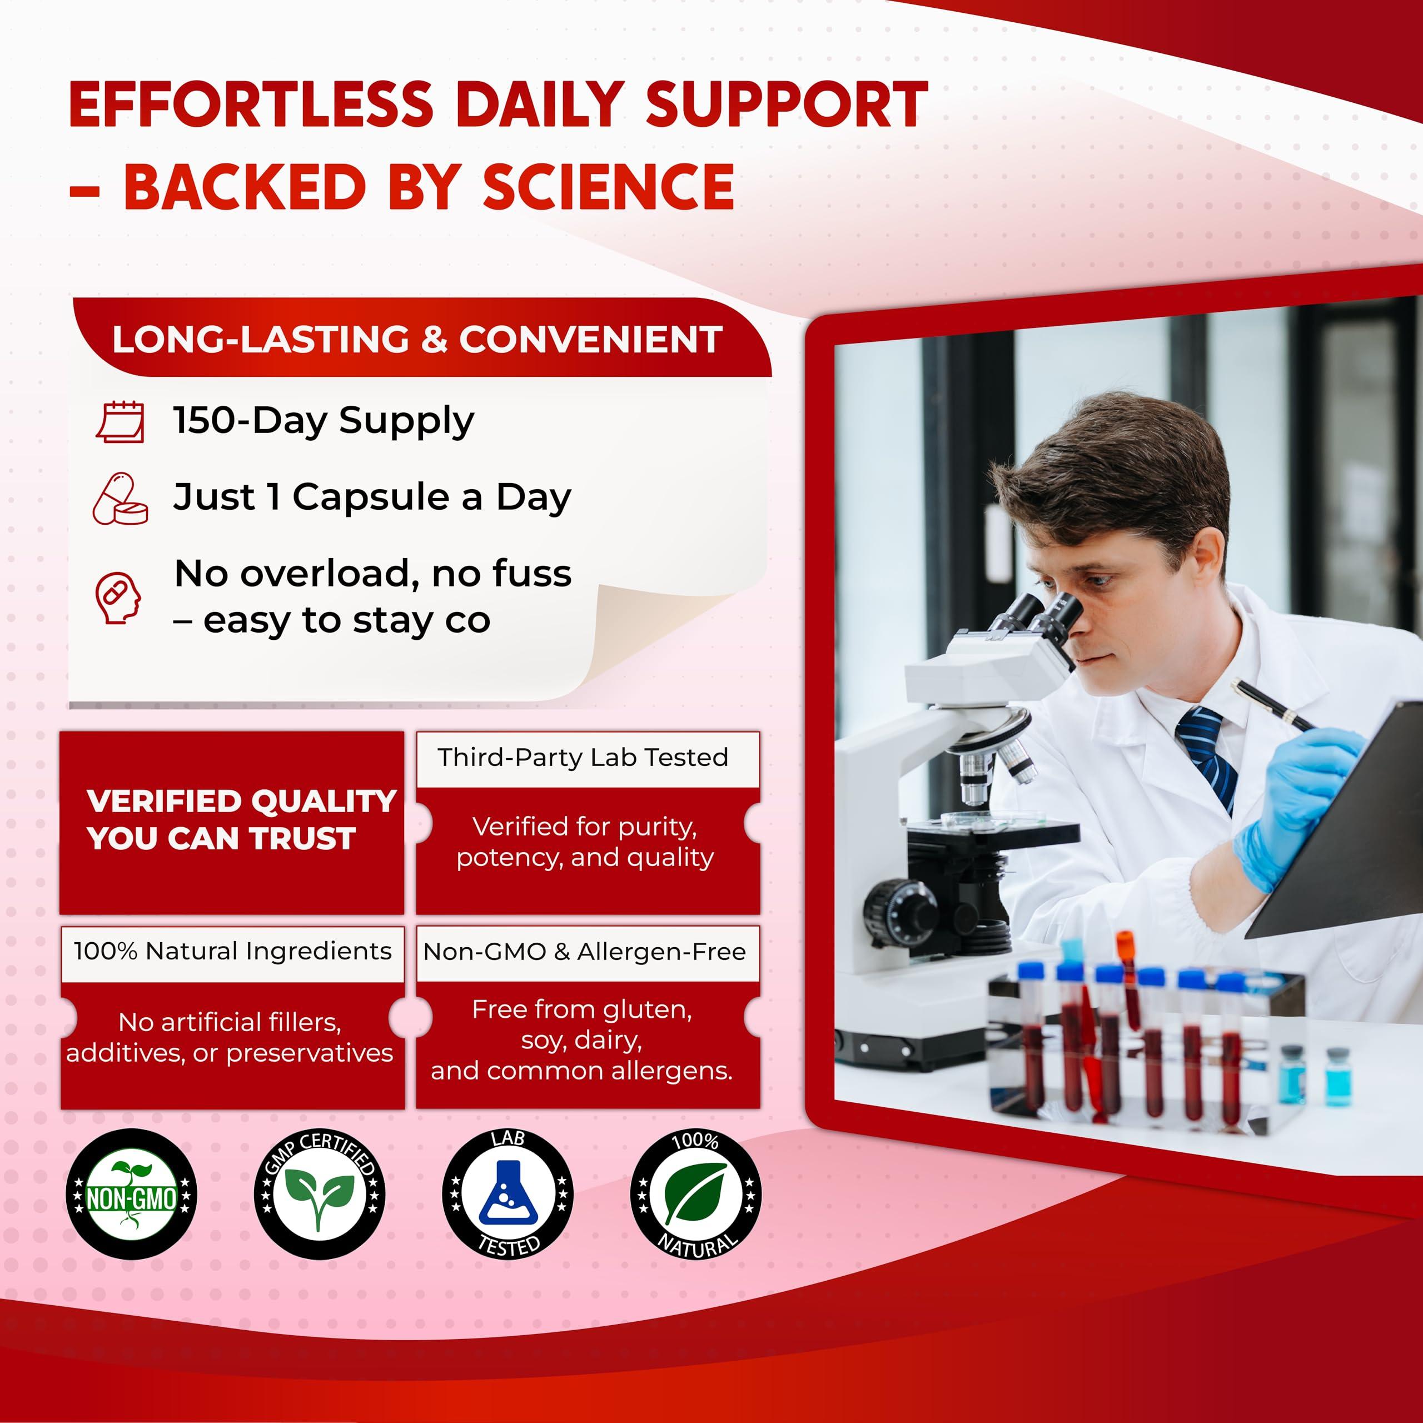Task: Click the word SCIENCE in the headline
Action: coord(608,186)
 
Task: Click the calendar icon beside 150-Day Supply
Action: coord(121,421)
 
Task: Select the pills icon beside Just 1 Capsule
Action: coord(121,499)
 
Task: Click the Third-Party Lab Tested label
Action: coord(583,757)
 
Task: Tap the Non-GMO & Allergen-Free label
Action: coord(585,952)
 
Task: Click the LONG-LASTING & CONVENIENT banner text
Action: coord(417,340)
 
